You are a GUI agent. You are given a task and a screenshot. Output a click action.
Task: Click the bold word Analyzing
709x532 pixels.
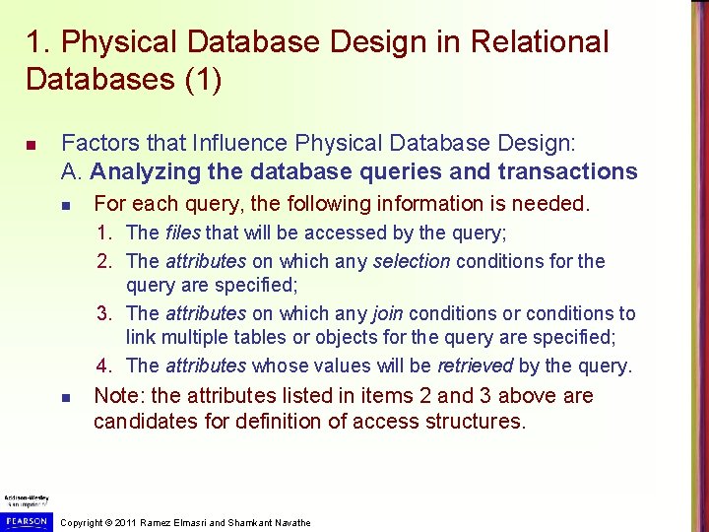(146, 171)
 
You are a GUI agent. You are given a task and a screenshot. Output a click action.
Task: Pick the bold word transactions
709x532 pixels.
(567, 171)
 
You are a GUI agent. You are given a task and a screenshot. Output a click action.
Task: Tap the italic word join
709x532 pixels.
(387, 313)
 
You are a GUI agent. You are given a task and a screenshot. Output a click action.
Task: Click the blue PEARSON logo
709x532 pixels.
(25, 519)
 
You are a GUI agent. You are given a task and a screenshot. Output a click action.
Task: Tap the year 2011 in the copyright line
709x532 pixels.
(124, 522)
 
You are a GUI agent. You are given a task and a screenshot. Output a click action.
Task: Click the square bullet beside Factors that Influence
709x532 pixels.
(32, 145)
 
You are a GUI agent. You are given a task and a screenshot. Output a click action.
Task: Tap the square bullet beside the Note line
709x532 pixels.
(63, 398)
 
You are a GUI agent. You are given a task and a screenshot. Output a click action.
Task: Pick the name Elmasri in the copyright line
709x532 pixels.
(183, 522)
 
